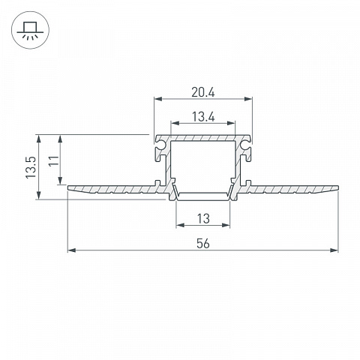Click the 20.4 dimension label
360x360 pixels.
pyautogui.click(x=203, y=93)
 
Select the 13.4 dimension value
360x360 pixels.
pyautogui.click(x=203, y=117)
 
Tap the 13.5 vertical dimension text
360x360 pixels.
pyautogui.click(x=31, y=167)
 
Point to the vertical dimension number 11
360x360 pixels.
pyautogui.click(x=53, y=160)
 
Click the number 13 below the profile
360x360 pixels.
pyautogui.click(x=203, y=219)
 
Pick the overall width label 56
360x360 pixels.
pyautogui.click(x=203, y=244)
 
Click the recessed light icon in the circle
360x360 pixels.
pyautogui.click(x=30, y=30)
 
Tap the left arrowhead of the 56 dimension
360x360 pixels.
pyautogui.click(x=72, y=250)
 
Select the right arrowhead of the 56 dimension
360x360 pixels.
pyautogui.click(x=334, y=250)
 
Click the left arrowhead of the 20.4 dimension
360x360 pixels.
pyautogui.click(x=158, y=99)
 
